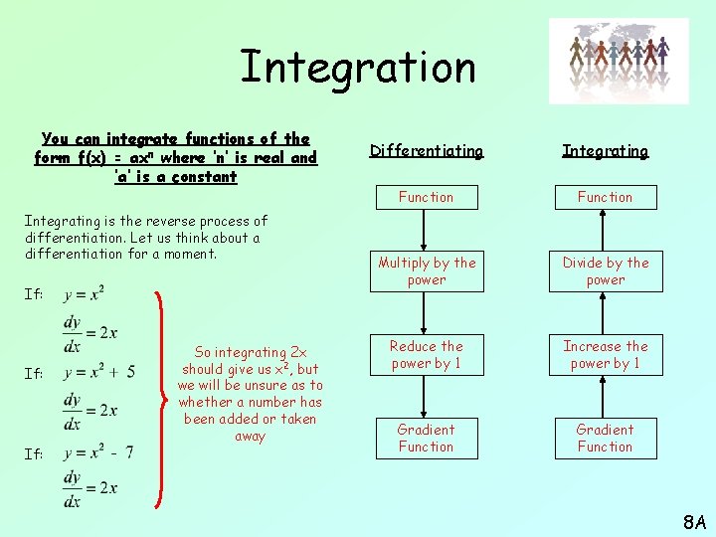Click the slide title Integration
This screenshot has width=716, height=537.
pyautogui.click(x=358, y=67)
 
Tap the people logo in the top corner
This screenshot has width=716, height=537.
pyautogui.click(x=631, y=61)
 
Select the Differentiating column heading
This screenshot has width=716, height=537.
pyautogui.click(x=426, y=151)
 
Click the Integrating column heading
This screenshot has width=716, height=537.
pyautogui.click(x=605, y=151)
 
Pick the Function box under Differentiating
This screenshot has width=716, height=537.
pyautogui.click(x=426, y=197)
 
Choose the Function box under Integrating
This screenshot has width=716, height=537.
pyautogui.click(x=605, y=197)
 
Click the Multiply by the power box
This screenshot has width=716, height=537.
pyautogui.click(x=426, y=271)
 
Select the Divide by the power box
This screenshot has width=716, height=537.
pyautogui.click(x=605, y=271)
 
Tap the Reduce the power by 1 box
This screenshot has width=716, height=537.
pyautogui.click(x=426, y=355)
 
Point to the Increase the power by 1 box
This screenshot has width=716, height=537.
pyautogui.click(x=605, y=355)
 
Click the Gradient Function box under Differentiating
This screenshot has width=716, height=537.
pyautogui.click(x=426, y=439)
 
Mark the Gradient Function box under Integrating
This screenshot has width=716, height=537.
pyautogui.click(x=605, y=439)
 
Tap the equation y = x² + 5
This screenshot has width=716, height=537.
pyautogui.click(x=97, y=373)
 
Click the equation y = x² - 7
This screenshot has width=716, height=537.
pyautogui.click(x=97, y=452)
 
